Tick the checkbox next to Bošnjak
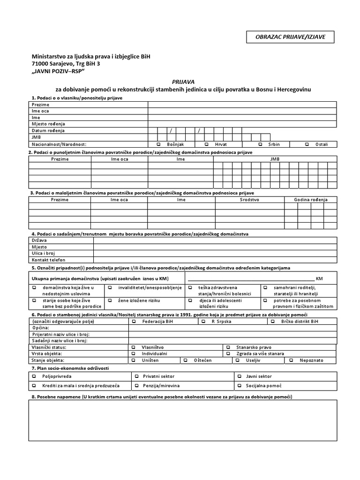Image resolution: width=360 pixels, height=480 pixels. pyautogui.click(x=159, y=144)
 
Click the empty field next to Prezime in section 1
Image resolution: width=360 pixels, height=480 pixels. pyautogui.click(x=242, y=105)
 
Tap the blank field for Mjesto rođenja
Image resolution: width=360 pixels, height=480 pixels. pyautogui.click(x=242, y=124)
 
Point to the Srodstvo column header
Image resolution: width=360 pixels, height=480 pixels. pyautogui.click(x=249, y=200)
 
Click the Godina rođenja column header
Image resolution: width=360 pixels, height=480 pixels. pyautogui.click(x=310, y=200)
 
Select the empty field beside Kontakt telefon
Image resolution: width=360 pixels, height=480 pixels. pyautogui.click(x=215, y=260)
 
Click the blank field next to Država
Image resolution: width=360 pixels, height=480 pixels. pyautogui.click(x=215, y=240)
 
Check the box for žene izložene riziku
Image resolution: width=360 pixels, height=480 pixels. pyautogui.click(x=109, y=300)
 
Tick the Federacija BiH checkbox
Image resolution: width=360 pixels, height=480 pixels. pyautogui.click(x=134, y=322)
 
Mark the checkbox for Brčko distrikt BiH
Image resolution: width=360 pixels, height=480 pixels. pyautogui.click(x=272, y=322)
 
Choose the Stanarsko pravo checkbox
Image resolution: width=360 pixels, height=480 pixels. pyautogui.click(x=228, y=347)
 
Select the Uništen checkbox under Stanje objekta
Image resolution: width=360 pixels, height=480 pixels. pyautogui.click(x=134, y=360)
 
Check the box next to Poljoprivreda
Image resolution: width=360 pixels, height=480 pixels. pyautogui.click(x=34, y=376)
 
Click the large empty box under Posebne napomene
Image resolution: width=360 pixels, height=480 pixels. pyautogui.click(x=183, y=420)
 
